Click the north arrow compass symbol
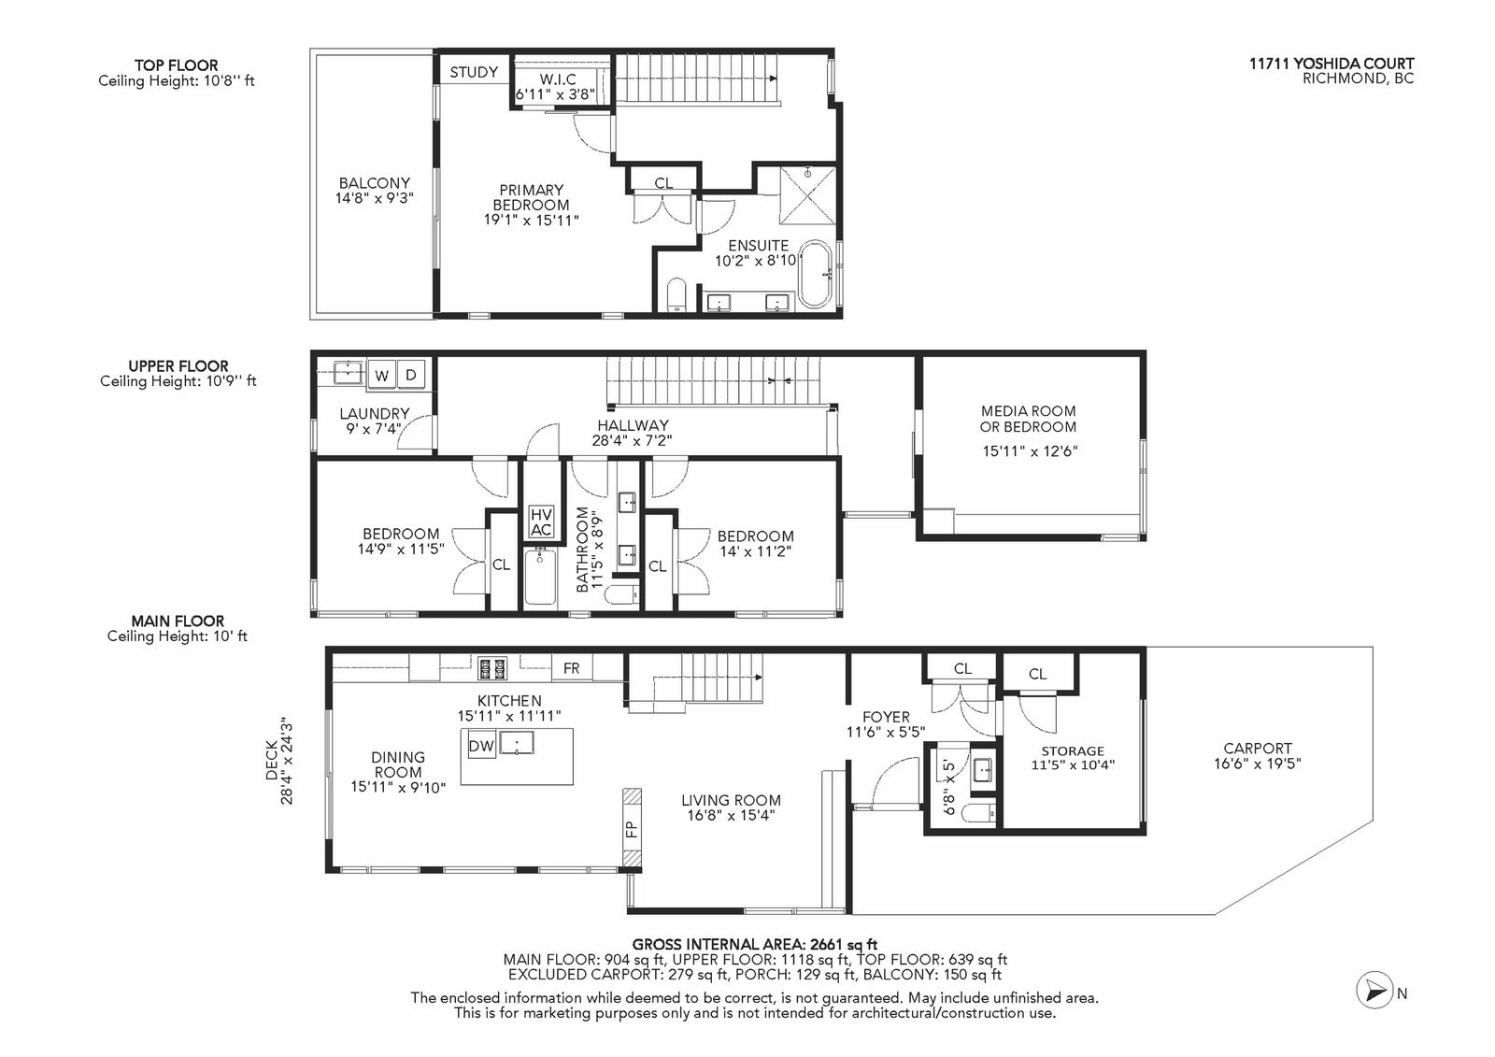[x=1374, y=993]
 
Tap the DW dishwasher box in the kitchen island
[x=481, y=746]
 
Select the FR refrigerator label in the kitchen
[x=571, y=668]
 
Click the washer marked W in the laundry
[x=381, y=376]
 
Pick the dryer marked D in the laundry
[x=411, y=375]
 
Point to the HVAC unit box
[x=541, y=522]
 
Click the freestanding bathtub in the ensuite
[x=815, y=275]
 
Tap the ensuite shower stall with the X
[x=807, y=196]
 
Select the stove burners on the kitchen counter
[x=491, y=667]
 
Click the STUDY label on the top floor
[x=474, y=72]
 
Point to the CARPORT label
[x=1258, y=749]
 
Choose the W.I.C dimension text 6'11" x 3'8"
[x=555, y=94]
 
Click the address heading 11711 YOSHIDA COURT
[x=1331, y=64]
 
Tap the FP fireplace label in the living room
[x=632, y=829]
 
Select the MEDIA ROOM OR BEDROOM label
[x=1028, y=419]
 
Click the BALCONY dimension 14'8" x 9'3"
[x=375, y=197]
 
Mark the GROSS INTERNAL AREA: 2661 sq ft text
[x=754, y=944]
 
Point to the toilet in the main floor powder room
[x=980, y=813]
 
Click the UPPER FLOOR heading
[x=178, y=366]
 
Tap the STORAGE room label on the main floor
[x=1073, y=751]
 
